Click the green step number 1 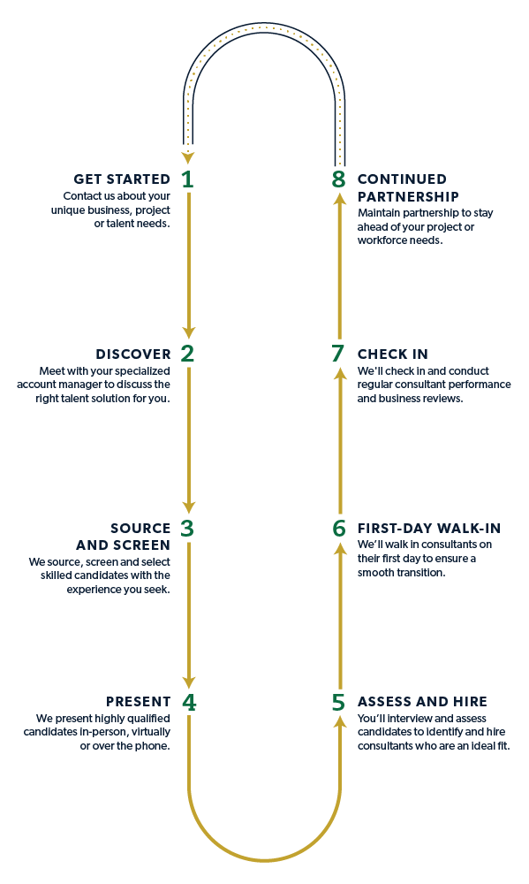(x=187, y=179)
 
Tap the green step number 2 (x=187, y=354)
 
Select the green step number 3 (x=187, y=529)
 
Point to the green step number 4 (x=188, y=703)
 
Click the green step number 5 (x=339, y=703)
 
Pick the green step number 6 (x=339, y=529)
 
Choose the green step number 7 (x=338, y=354)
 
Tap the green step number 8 (x=339, y=179)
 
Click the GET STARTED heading (x=122, y=179)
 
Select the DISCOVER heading (x=132, y=354)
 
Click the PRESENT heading (x=139, y=703)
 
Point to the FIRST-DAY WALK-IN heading (x=429, y=529)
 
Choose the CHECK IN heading (x=393, y=354)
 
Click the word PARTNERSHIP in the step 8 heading (x=408, y=196)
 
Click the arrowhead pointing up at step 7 (x=339, y=374)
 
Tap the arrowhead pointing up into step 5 (x=339, y=722)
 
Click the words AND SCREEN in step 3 (x=123, y=545)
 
